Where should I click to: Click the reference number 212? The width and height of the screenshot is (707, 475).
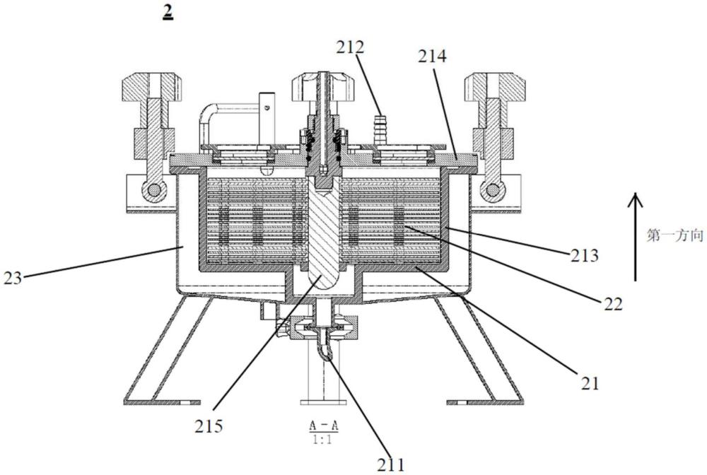click(x=350, y=47)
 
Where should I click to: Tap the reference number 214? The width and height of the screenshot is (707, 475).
click(x=432, y=57)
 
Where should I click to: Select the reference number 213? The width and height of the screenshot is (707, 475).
click(x=585, y=256)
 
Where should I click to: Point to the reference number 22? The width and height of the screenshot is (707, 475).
click(x=614, y=304)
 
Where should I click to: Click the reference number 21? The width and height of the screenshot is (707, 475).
click(x=590, y=383)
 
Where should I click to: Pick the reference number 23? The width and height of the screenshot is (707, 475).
click(x=13, y=278)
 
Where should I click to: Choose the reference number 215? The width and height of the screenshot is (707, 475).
click(x=209, y=426)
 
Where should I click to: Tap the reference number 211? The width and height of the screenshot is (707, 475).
click(x=391, y=464)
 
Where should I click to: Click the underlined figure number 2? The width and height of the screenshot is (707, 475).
click(x=168, y=13)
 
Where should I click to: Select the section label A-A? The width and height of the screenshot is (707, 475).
click(x=324, y=425)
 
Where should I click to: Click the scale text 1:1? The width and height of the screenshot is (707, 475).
click(x=323, y=440)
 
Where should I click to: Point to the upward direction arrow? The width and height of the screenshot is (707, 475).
click(x=635, y=237)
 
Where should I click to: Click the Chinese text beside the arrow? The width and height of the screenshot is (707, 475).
click(x=675, y=235)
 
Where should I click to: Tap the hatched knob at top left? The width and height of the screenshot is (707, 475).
click(x=151, y=88)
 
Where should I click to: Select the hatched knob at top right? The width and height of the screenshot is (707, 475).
click(x=495, y=88)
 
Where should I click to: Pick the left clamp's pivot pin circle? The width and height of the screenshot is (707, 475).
click(x=153, y=191)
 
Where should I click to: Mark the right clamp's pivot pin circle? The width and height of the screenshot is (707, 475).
click(x=492, y=191)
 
